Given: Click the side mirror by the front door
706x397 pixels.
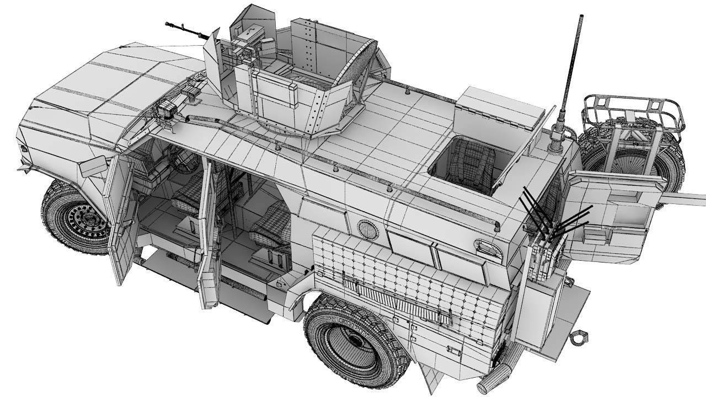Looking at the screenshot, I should pyautogui.click(x=93, y=166).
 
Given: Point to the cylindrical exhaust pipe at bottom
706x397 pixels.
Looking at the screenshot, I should pyautogui.click(x=493, y=379).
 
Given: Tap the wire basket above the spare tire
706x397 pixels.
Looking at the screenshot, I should pyautogui.click(x=634, y=110).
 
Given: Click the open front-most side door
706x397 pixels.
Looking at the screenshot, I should pyautogui.click(x=119, y=221).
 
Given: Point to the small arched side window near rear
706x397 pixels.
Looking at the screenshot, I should pyautogui.click(x=489, y=249).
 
